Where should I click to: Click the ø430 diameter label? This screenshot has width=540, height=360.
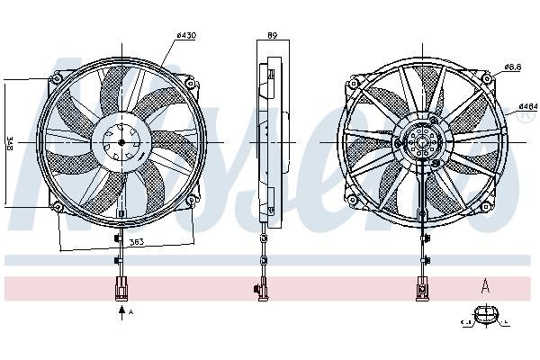(x=186, y=35)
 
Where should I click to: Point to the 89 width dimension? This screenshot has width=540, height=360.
(x=271, y=35)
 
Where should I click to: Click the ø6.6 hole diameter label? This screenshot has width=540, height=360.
(x=514, y=67)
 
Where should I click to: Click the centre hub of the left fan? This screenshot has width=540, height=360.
(x=121, y=142)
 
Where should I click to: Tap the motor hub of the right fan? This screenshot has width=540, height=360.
(x=420, y=142)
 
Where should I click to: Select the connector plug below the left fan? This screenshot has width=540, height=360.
(x=121, y=289)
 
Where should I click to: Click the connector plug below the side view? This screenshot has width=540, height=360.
(x=262, y=289)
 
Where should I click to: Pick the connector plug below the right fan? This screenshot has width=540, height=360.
(x=420, y=289)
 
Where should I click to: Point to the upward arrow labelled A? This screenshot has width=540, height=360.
(x=121, y=312)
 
